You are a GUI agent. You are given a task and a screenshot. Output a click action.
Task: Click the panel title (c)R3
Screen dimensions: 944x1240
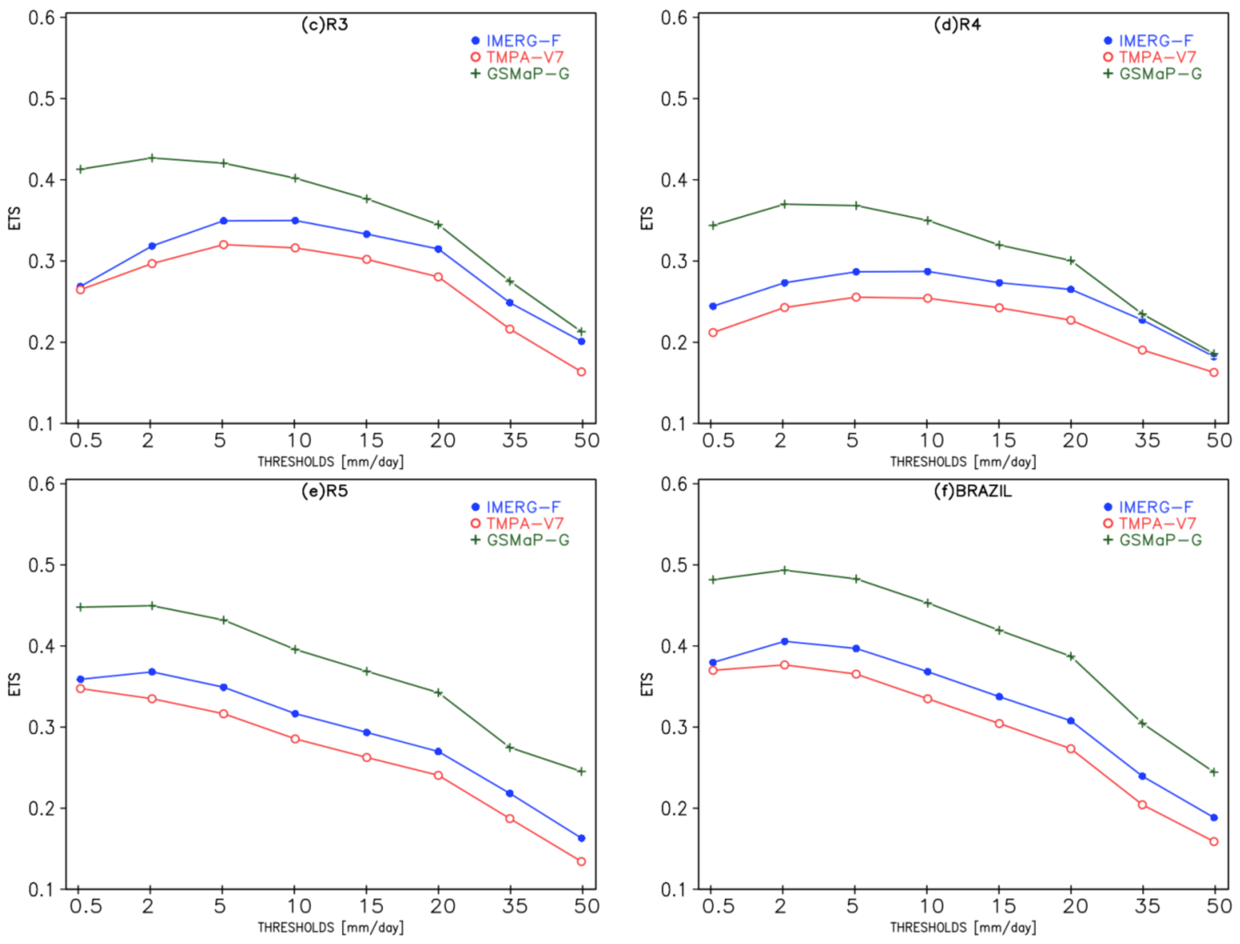(x=324, y=25)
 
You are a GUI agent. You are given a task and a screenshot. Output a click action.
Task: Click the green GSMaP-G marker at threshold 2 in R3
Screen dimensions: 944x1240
(x=152, y=158)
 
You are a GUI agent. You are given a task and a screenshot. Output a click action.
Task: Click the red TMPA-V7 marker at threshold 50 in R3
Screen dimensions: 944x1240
(x=581, y=372)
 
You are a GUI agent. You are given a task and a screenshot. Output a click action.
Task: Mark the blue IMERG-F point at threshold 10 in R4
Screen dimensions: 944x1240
(x=928, y=272)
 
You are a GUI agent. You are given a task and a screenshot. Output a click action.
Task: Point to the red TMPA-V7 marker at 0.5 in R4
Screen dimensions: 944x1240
(x=713, y=333)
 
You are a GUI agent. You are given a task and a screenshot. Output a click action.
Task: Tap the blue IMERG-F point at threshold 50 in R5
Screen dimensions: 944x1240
(x=581, y=838)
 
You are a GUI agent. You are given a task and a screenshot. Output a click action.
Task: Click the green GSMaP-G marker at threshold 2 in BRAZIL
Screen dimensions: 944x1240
(x=785, y=571)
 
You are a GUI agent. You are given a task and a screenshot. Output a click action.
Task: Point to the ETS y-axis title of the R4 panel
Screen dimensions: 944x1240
(x=647, y=218)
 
